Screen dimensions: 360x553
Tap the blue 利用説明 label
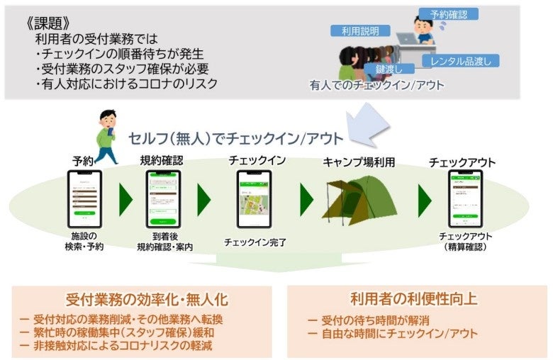pos(360,31)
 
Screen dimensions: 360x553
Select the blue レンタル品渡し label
pos(461,60)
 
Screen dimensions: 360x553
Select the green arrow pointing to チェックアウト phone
pos(425,201)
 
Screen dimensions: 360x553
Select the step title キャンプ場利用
pos(358,161)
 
